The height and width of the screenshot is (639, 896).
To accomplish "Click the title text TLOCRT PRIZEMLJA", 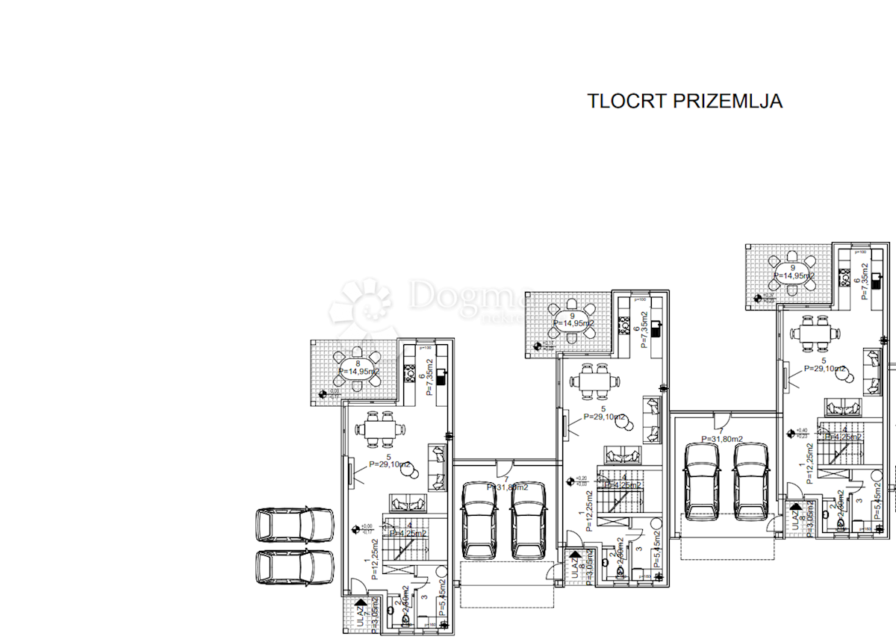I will tap(685, 102).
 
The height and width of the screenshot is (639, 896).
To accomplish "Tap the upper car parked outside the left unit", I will tap(294, 525).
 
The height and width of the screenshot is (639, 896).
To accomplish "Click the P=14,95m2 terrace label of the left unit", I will tap(359, 371).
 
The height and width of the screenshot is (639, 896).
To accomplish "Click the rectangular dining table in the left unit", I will tap(380, 429).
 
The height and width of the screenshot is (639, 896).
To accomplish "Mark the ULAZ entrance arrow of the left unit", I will tap(361, 601).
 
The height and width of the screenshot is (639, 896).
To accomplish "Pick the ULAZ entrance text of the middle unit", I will tap(573, 565).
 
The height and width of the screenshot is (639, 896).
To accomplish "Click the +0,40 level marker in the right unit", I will tap(792, 432).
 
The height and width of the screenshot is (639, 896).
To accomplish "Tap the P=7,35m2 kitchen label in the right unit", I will tap(865, 284).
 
